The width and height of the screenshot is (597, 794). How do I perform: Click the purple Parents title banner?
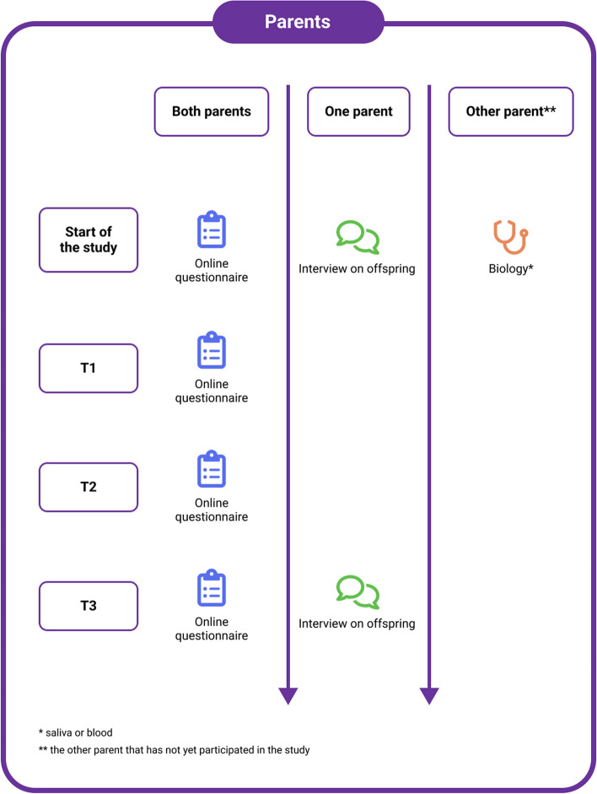[298, 22]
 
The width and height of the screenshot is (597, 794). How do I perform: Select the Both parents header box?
[212, 111]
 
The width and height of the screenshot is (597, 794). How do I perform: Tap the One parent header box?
[358, 111]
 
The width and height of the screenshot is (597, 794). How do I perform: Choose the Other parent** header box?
[511, 111]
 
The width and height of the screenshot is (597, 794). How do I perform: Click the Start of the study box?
[89, 240]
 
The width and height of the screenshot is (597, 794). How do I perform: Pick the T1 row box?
[89, 368]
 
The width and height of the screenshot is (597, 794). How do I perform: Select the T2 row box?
[89, 487]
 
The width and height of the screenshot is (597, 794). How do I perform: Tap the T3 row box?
[89, 606]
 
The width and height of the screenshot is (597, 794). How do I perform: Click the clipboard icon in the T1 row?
[212, 350]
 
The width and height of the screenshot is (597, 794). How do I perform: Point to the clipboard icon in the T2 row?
[212, 469]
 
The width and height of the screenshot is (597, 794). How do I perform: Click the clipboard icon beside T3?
[212, 588]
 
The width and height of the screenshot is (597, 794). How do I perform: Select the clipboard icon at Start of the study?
[212, 230]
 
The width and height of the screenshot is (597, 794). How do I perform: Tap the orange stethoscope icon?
[510, 236]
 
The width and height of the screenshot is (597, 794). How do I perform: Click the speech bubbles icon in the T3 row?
[358, 592]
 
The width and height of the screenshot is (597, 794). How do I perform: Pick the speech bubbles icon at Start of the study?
[358, 237]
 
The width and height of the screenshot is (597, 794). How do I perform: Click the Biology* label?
[511, 268]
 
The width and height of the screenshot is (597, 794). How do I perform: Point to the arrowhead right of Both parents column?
[288, 696]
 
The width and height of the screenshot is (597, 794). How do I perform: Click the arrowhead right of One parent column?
[429, 696]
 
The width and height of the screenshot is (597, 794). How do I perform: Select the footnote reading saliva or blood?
[76, 732]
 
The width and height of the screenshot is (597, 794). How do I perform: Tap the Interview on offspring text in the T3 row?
[357, 624]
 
